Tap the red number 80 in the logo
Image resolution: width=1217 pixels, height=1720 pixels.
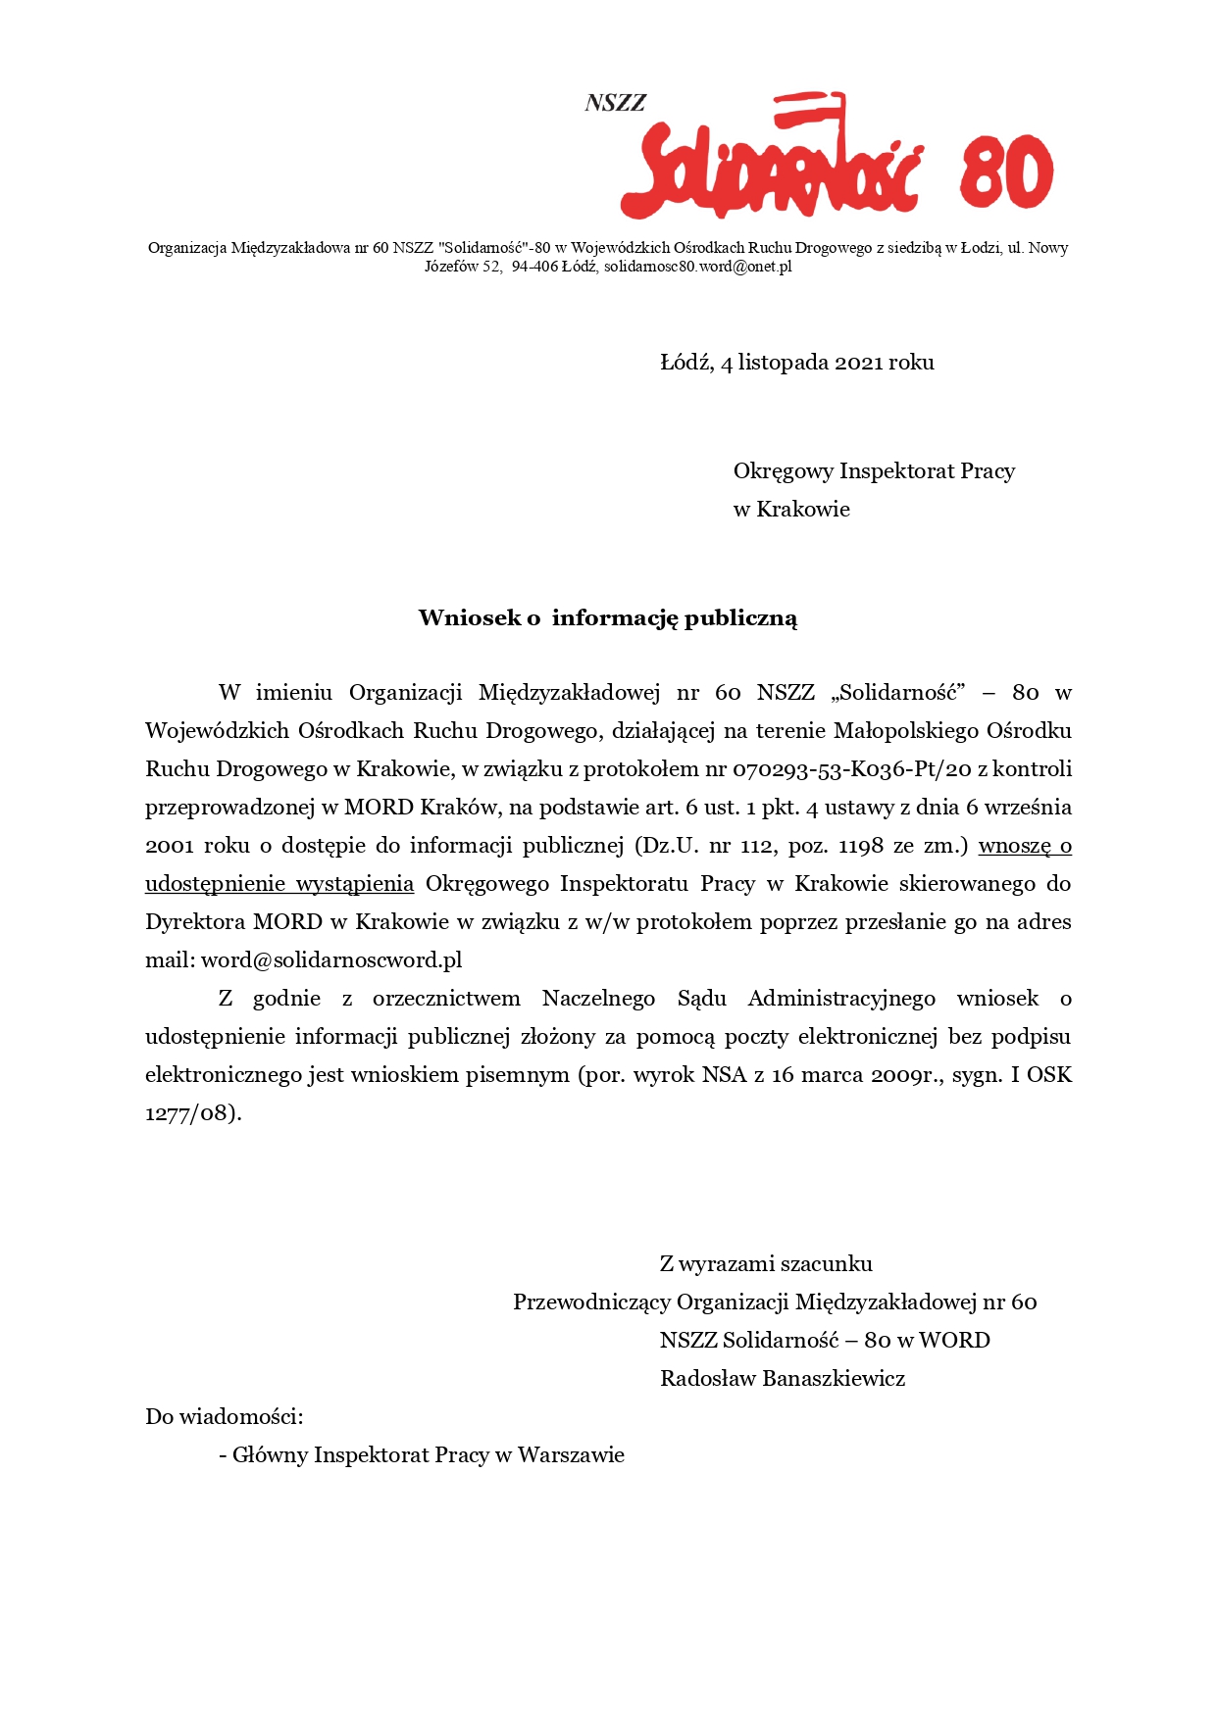1006,173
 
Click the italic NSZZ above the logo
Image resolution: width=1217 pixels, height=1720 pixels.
615,103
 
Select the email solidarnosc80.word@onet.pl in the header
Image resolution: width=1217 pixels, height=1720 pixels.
697,267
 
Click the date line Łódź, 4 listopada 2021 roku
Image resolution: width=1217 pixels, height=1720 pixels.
796,363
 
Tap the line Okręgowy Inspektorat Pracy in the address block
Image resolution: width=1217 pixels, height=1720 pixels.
873,471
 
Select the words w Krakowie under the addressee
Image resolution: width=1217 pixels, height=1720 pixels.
790,510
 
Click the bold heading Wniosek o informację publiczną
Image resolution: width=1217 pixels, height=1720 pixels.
607,618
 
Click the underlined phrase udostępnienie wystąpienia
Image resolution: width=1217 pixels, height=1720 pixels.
279,884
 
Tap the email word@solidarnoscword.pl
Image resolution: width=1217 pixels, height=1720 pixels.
331,960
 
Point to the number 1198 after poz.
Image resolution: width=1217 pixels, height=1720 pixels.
860,846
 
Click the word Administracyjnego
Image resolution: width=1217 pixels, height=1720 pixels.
841,999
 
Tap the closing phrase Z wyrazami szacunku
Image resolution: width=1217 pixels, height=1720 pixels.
765,1264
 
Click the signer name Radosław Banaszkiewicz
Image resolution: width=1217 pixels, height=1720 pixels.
782,1379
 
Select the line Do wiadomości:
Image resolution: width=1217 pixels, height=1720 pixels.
224,1417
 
